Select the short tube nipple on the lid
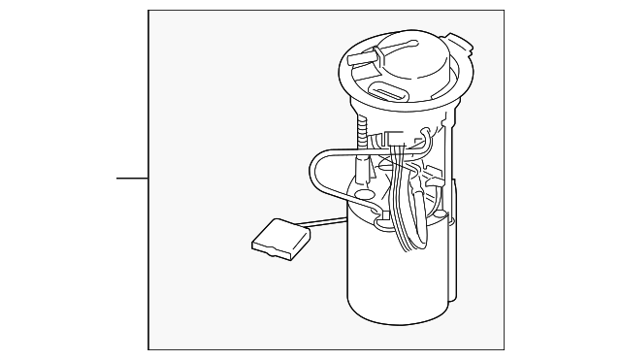click(x=361, y=59)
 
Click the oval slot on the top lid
click(x=390, y=92)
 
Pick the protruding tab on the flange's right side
click(x=461, y=44)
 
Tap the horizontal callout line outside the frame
click(x=132, y=179)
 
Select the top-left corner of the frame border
click(x=148, y=12)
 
